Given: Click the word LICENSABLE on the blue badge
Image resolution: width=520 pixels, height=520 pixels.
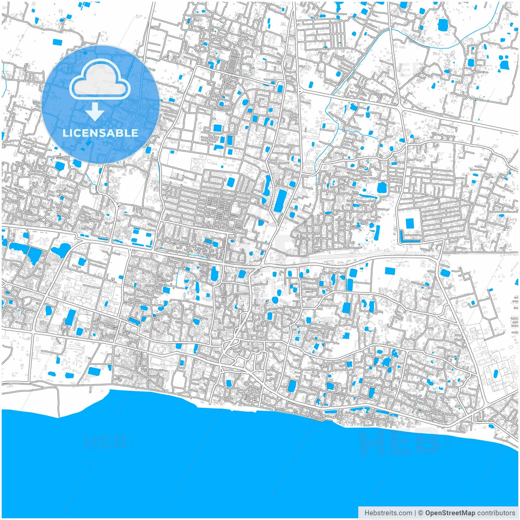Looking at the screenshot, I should click(x=100, y=133).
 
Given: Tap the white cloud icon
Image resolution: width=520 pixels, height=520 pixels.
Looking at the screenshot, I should click(x=100, y=80).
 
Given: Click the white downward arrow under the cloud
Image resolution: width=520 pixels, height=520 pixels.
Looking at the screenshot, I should click(x=95, y=112).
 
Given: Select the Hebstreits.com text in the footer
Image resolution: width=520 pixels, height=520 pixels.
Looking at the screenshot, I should click(x=388, y=513).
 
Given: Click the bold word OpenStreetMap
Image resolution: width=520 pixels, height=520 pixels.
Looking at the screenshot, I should click(x=450, y=513).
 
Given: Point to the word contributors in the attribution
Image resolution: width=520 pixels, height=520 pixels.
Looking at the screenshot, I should click(x=496, y=513).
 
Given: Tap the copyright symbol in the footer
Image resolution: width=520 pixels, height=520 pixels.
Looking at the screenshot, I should click(x=420, y=513).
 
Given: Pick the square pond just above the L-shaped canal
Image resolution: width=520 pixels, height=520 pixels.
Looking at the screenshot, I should click(x=409, y=223).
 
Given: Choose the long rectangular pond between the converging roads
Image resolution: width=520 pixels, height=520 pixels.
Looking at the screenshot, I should click(x=280, y=201).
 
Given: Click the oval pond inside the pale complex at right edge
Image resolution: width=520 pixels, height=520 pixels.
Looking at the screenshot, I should click(x=496, y=373).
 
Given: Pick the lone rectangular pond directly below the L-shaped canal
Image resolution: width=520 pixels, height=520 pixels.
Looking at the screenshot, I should click(x=390, y=271).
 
